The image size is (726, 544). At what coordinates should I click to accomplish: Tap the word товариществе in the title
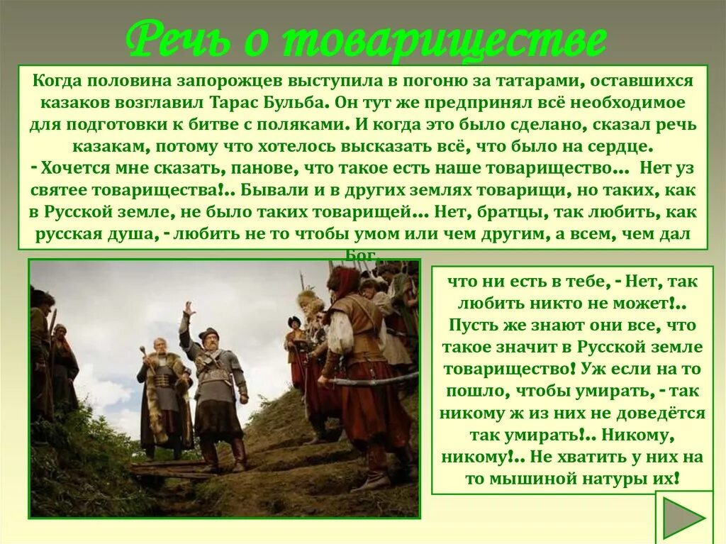[x=445, y=42]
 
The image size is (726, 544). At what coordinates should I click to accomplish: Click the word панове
[x=269, y=169]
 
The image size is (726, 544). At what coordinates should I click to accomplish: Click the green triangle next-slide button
[x=682, y=518]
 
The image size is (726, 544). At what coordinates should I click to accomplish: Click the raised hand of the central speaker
[x=188, y=309]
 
